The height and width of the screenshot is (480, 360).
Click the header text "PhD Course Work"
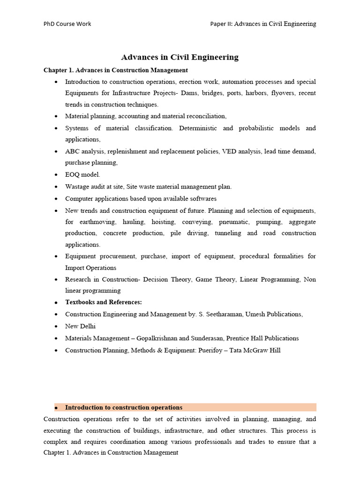[67, 24]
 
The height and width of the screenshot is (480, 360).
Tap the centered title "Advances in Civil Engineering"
[180, 57]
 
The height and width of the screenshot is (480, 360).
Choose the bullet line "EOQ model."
[82, 174]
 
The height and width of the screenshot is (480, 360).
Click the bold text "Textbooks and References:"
[104, 302]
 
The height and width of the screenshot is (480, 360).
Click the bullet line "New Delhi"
[80, 326]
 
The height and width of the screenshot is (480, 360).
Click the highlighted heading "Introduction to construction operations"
[124, 407]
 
